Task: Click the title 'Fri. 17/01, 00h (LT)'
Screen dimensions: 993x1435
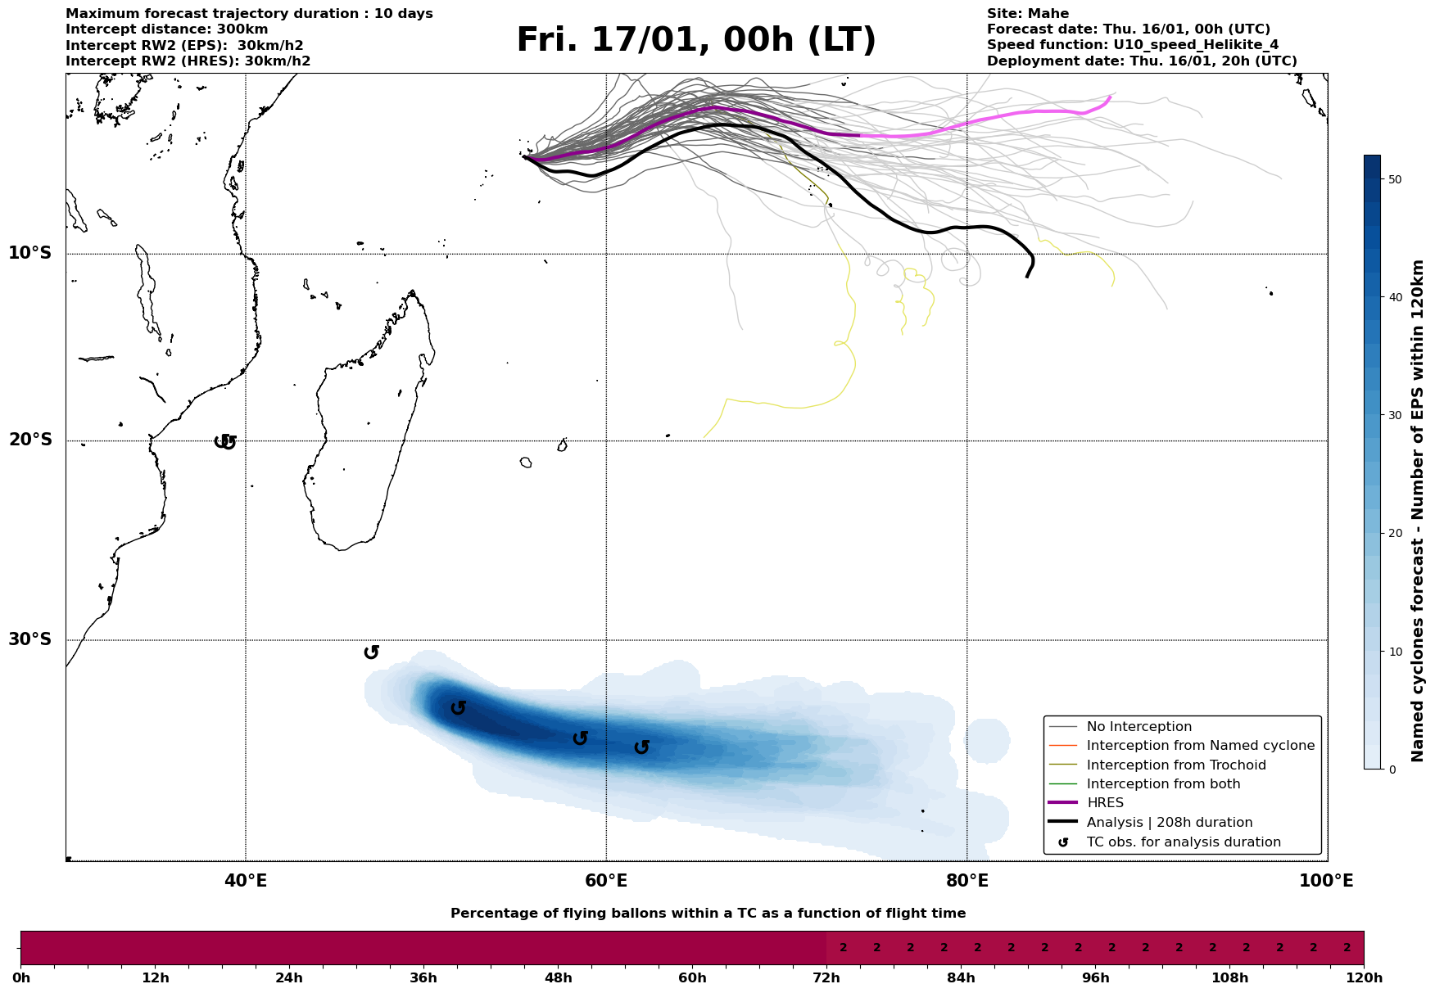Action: (696, 41)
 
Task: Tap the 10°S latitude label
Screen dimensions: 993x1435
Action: (30, 253)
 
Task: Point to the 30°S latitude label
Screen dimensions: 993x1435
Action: (30, 639)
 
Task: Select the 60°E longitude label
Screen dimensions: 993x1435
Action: (606, 882)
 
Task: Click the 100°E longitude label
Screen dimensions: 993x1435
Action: (1326, 882)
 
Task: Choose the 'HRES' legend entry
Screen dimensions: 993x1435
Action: (1105, 803)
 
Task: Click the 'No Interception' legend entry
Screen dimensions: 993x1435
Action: (1138, 727)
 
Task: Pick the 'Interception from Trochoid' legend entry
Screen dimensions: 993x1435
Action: (1176, 765)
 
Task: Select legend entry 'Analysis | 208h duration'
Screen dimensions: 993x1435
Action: (1170, 823)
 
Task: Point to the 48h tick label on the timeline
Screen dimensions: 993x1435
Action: (558, 978)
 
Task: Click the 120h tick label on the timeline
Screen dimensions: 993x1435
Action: (1364, 978)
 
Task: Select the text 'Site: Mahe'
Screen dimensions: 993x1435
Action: (1028, 14)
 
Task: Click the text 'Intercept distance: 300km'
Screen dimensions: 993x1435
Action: (166, 29)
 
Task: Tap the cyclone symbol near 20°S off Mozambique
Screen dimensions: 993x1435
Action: (225, 442)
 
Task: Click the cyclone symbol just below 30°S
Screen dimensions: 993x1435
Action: (371, 652)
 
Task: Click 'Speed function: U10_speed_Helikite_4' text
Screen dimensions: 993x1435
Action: (1133, 45)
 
